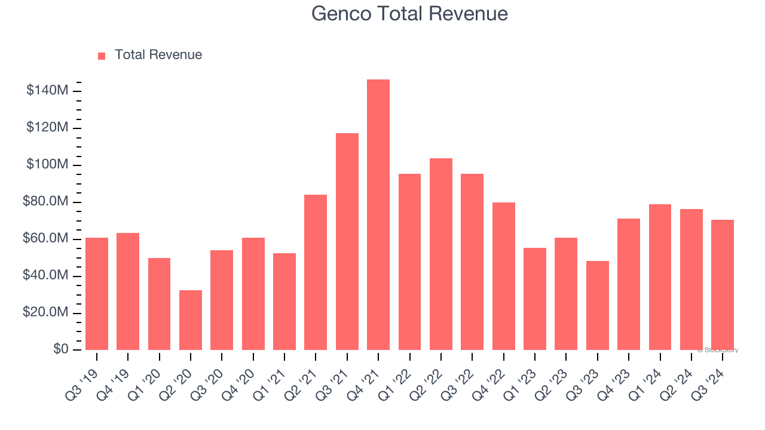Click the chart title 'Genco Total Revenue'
tap(409, 14)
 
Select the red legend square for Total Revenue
tap(102, 56)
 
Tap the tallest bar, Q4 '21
tap(378, 214)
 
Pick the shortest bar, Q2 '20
tap(191, 320)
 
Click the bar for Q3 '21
tap(347, 241)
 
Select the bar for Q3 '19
tap(97, 294)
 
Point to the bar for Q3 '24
tap(723, 285)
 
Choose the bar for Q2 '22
tap(441, 254)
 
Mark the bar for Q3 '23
tap(597, 305)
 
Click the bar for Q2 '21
tap(316, 272)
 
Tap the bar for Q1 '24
tap(660, 277)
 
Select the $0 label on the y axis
tap(60, 349)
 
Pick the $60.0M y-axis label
tap(45, 239)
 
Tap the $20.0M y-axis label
tap(45, 312)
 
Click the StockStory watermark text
tap(718, 350)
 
